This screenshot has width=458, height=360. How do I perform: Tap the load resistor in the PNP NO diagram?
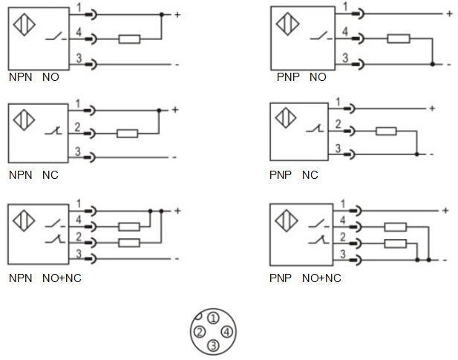(399, 39)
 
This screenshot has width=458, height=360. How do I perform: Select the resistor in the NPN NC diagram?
(127, 134)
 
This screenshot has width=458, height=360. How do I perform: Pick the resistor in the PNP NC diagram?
(386, 131)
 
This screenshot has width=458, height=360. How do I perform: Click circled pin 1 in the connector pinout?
(213, 318)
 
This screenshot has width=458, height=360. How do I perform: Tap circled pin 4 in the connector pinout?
(226, 332)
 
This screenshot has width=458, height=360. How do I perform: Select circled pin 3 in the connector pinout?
(213, 345)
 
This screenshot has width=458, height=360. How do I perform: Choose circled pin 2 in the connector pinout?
(200, 332)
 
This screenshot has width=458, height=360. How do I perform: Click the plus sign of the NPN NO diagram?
(176, 14)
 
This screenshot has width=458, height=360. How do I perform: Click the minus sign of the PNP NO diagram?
(448, 65)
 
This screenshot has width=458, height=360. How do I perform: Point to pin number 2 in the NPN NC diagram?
(78, 128)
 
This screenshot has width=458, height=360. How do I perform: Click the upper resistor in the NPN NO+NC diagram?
(130, 227)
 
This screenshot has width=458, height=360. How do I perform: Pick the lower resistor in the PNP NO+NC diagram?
(395, 243)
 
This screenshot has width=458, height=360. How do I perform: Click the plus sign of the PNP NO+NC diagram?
(445, 210)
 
